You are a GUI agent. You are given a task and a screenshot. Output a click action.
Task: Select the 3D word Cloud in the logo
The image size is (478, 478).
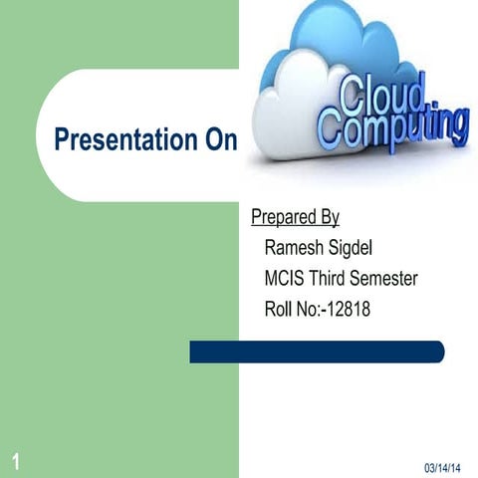[386, 97]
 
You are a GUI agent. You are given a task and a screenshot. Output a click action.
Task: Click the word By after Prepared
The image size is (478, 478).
[330, 217]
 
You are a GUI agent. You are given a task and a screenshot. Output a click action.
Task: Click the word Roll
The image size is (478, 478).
[280, 310]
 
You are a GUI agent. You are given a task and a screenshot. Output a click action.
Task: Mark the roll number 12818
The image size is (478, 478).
[349, 310]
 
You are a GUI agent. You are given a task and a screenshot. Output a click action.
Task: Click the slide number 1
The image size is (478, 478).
[17, 459]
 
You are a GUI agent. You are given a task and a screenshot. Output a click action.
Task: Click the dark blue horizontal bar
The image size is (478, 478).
[317, 352]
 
